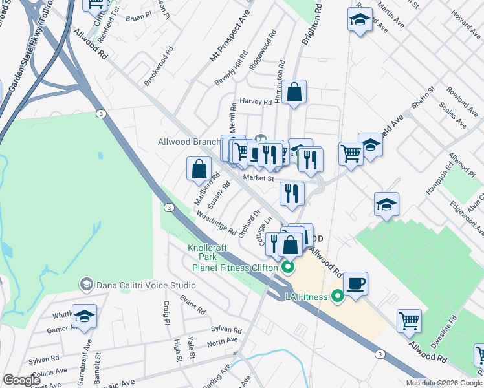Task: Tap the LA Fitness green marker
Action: point(336,297)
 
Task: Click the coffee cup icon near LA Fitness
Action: point(355,284)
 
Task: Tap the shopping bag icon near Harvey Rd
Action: point(294,92)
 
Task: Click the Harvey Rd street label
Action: point(255,102)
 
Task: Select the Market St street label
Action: point(259,178)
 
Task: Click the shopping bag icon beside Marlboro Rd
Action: point(199,169)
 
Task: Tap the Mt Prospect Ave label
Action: point(230,39)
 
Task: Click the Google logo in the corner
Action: point(21,380)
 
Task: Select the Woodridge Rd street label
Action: point(215,220)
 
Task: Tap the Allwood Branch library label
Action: point(189,142)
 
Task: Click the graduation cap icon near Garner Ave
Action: point(84,316)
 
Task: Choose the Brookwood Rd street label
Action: point(159,67)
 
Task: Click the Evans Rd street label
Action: point(192,303)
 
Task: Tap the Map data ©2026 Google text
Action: point(444,383)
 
